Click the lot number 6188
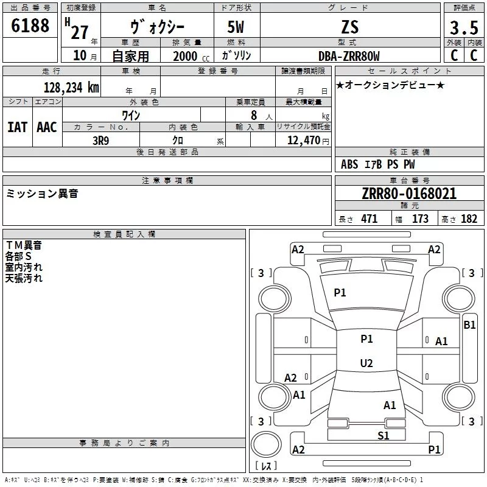pyautogui.click(x=30, y=26)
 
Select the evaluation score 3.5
pyautogui.click(x=464, y=28)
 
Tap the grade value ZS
pyautogui.click(x=350, y=27)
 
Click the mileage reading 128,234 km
pyautogui.click(x=71, y=88)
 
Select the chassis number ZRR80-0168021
pyautogui.click(x=409, y=194)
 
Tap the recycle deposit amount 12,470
pyautogui.click(x=303, y=140)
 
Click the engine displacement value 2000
pyautogui.click(x=185, y=57)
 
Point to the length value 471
pyautogui.click(x=369, y=219)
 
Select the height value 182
pyautogui.click(x=469, y=219)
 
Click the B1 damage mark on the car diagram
pyautogui.click(x=469, y=325)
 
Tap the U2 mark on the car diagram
pyautogui.click(x=366, y=363)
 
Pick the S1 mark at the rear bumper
pyautogui.click(x=383, y=435)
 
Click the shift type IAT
pyautogui.click(x=17, y=127)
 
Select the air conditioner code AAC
pyautogui.click(x=46, y=127)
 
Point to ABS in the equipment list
pyautogui.click(x=349, y=164)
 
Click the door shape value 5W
pyautogui.click(x=236, y=27)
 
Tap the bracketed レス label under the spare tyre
pyautogui.click(x=265, y=466)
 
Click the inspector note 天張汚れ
pyautogui.click(x=24, y=278)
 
